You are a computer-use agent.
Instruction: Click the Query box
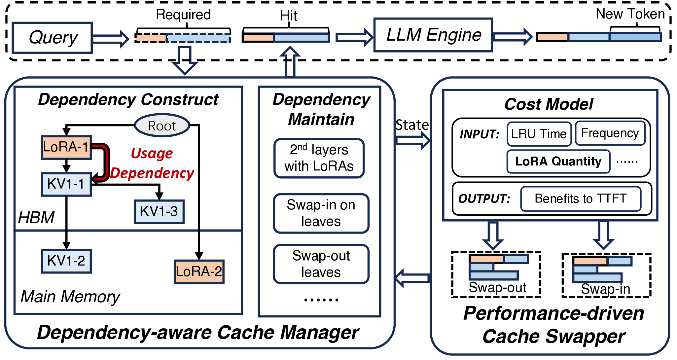click(x=52, y=38)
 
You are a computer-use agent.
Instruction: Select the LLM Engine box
click(x=433, y=35)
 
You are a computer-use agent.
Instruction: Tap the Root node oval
click(x=162, y=126)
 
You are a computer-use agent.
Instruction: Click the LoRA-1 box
click(x=66, y=147)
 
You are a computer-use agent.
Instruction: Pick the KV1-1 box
click(x=66, y=184)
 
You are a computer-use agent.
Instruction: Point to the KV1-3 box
click(x=159, y=212)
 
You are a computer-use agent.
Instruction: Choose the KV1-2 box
click(x=66, y=261)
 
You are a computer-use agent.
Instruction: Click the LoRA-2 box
click(x=199, y=272)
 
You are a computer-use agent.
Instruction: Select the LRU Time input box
click(x=539, y=134)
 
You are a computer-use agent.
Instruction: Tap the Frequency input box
click(x=610, y=133)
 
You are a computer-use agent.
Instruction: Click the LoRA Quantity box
click(x=558, y=161)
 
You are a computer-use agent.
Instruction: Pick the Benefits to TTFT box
click(x=581, y=198)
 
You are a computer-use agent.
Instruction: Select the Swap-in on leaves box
click(x=321, y=213)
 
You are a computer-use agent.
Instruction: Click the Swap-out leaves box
click(x=321, y=264)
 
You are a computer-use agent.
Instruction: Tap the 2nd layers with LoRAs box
click(x=319, y=158)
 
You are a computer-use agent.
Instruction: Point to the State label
click(x=412, y=125)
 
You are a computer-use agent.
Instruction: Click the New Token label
click(x=630, y=14)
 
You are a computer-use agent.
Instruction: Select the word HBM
click(x=36, y=218)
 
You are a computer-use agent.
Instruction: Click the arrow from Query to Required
click(x=111, y=39)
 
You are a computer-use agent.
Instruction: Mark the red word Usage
click(x=152, y=154)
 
